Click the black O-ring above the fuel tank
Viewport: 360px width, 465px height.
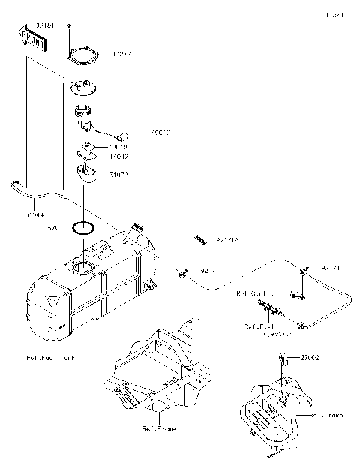click(82, 226)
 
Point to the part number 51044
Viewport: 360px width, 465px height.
click(31, 214)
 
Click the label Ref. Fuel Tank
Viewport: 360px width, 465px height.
click(49, 358)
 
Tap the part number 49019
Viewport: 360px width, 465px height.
click(118, 148)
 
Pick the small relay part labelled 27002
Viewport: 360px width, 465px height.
click(284, 357)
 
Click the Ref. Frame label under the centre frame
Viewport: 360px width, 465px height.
click(159, 428)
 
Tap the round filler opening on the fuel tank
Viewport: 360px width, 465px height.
click(84, 268)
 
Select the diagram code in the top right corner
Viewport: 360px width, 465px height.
click(334, 14)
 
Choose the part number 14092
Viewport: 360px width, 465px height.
click(118, 157)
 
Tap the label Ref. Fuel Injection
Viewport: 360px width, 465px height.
click(262, 330)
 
